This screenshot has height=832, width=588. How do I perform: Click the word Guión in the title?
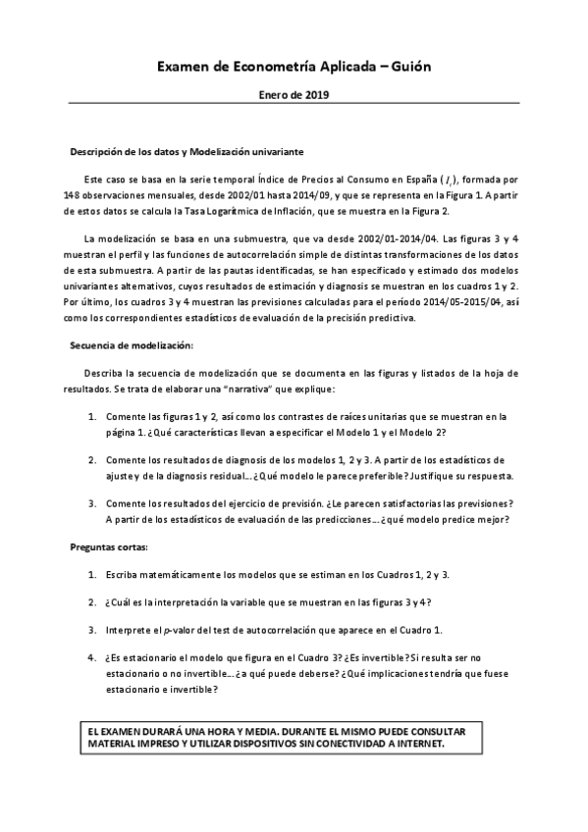[x=408, y=66]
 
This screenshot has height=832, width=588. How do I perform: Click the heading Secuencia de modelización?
[x=132, y=345]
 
